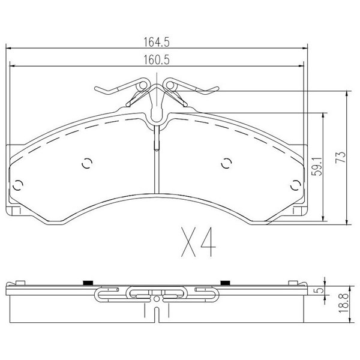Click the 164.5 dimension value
click(157, 42)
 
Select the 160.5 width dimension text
click(157, 59)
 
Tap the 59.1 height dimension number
click(317, 166)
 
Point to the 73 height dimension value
click(340, 157)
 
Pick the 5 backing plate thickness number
click(320, 290)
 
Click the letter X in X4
click(188, 242)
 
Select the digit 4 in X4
click(208, 242)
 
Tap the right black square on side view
click(225, 283)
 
